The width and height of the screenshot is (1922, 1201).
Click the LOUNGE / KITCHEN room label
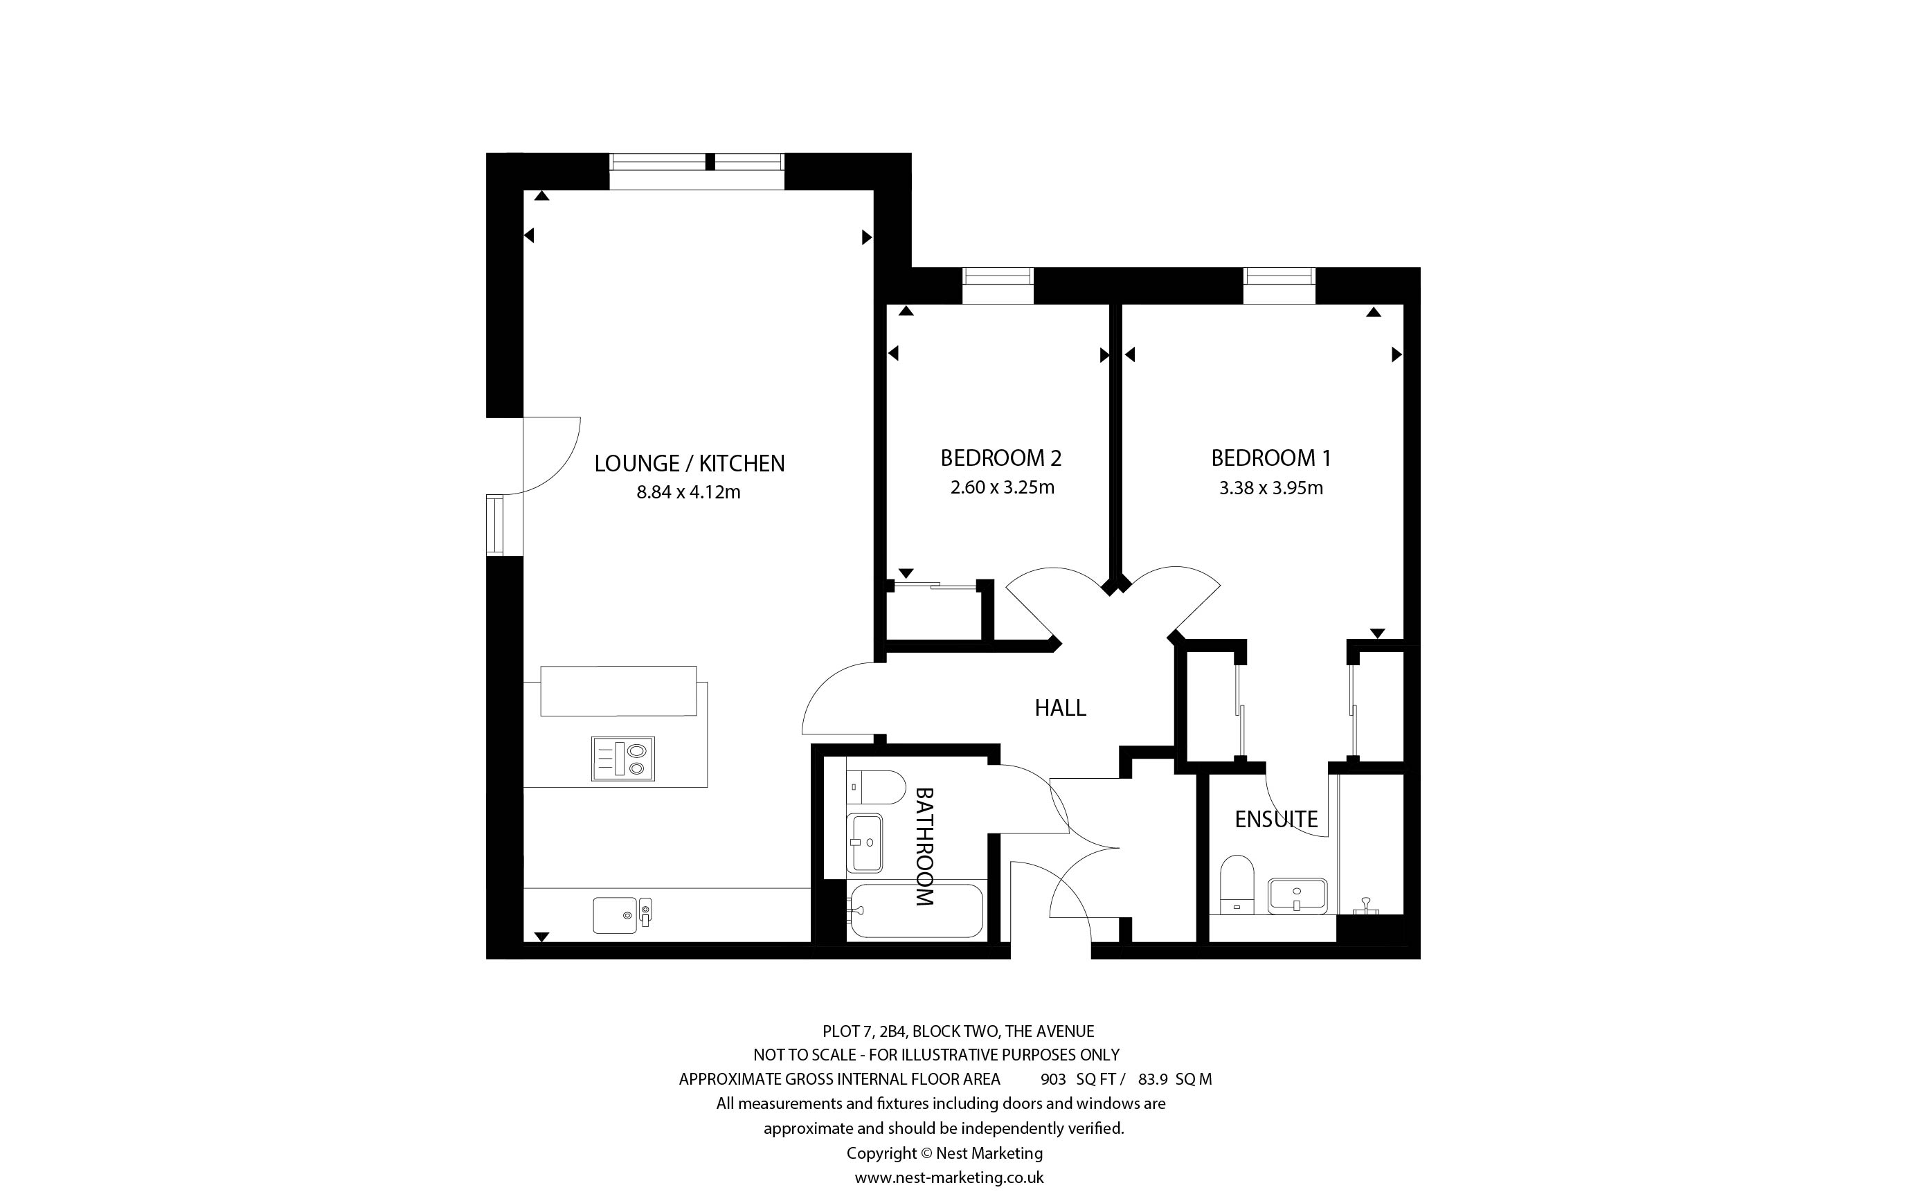[x=690, y=463]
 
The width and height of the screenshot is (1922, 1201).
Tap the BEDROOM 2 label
[x=1000, y=458]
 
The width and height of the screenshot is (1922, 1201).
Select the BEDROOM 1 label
[x=1270, y=458]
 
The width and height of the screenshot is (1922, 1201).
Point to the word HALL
[x=1060, y=707]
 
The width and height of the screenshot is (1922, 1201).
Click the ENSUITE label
[x=1276, y=819]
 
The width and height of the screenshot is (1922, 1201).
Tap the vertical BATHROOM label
[x=924, y=847]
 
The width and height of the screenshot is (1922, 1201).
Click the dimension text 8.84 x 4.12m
[x=689, y=492]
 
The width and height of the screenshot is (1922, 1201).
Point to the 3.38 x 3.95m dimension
[x=1270, y=488]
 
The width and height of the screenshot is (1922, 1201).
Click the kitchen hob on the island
[x=622, y=759]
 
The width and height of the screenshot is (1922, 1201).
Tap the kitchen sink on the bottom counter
[x=622, y=915]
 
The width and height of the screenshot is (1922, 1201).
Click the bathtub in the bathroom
[x=916, y=911]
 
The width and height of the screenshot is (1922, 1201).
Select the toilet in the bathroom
[x=875, y=787]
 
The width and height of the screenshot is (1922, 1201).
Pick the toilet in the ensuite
[x=1237, y=885]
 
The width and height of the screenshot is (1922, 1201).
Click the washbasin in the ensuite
[x=1297, y=896]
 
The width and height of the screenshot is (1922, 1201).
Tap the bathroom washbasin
[x=865, y=842]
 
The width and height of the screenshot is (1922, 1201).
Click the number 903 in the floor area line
[x=1053, y=1079]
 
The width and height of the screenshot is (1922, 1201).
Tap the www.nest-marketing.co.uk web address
[x=949, y=1177]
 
